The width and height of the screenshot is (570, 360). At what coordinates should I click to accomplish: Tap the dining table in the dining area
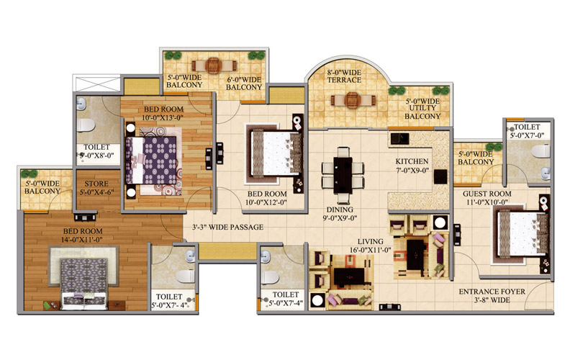point(343,175)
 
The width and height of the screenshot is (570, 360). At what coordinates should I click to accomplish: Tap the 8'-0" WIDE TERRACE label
point(344,76)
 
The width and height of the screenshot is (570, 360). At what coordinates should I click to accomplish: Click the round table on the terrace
point(352,100)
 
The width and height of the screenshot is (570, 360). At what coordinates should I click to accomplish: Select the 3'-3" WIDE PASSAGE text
point(227,228)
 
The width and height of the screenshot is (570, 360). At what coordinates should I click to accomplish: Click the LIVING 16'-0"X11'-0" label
point(370,246)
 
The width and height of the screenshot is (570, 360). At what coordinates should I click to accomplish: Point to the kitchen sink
point(400,138)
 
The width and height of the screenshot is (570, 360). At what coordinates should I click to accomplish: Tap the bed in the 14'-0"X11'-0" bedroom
point(84,283)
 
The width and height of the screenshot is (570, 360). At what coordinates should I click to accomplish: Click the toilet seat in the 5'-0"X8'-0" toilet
point(86,125)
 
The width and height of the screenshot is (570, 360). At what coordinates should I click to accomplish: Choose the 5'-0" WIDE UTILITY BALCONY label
point(422,109)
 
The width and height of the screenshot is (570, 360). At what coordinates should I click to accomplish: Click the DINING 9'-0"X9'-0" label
point(340,214)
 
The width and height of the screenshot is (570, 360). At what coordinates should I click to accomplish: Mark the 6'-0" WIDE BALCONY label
point(244,84)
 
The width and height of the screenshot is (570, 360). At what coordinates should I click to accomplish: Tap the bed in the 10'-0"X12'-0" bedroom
point(276,153)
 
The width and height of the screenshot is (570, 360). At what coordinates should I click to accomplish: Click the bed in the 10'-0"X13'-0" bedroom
point(151,161)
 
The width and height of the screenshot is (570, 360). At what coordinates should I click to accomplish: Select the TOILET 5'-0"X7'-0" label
point(527,131)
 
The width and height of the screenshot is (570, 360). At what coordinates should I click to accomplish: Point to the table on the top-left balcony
point(214,66)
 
